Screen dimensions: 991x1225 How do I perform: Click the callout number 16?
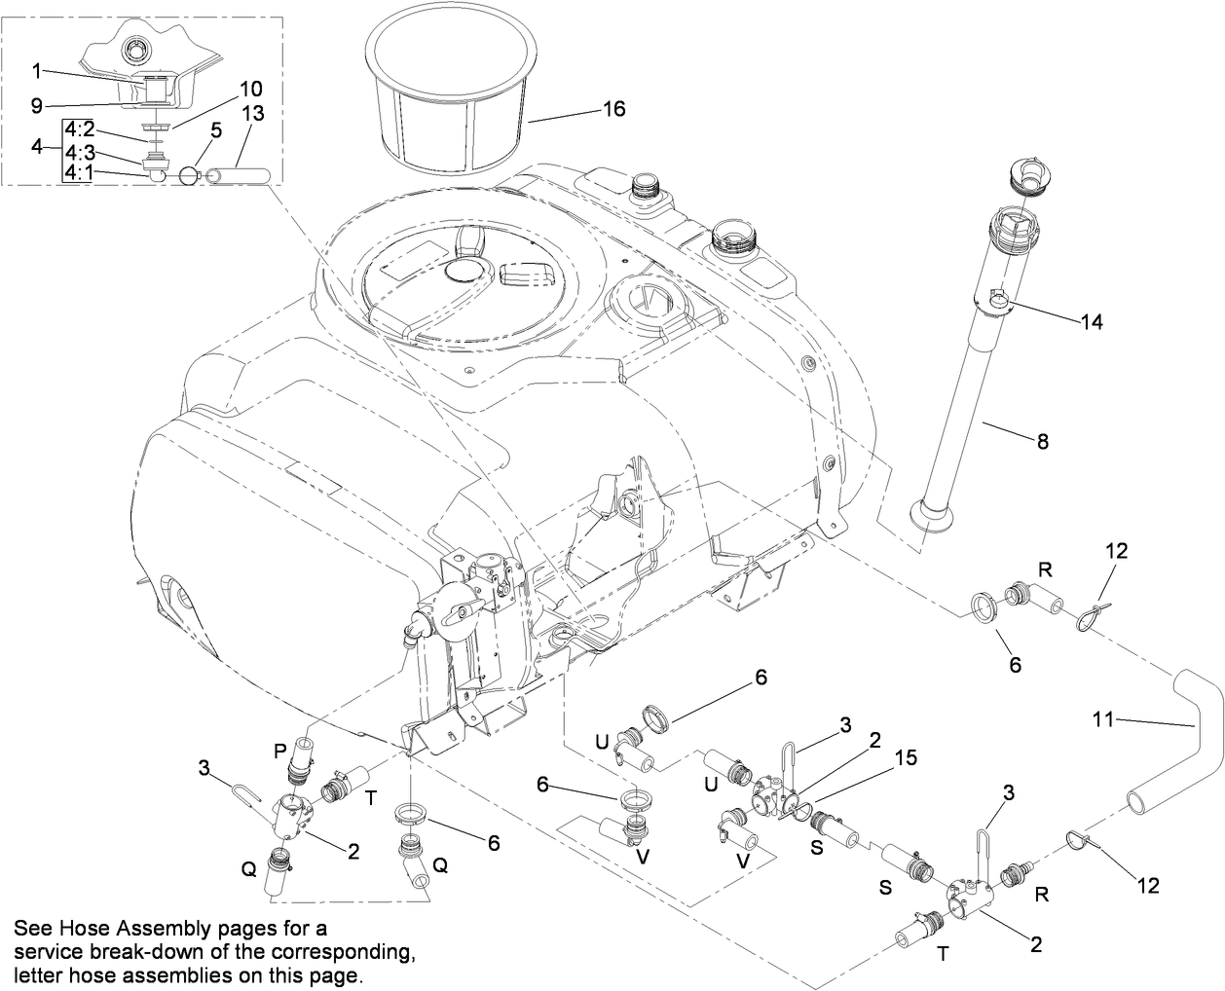tap(613, 109)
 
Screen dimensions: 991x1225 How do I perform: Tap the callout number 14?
tap(1093, 322)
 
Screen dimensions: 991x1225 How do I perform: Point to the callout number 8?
tap(1042, 441)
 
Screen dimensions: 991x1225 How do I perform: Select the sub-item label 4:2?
tap(80, 128)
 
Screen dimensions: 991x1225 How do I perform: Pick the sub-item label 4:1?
tap(80, 172)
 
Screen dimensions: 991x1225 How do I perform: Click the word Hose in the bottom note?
tap(70, 925)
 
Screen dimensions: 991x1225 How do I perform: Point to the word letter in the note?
tap(35, 973)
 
